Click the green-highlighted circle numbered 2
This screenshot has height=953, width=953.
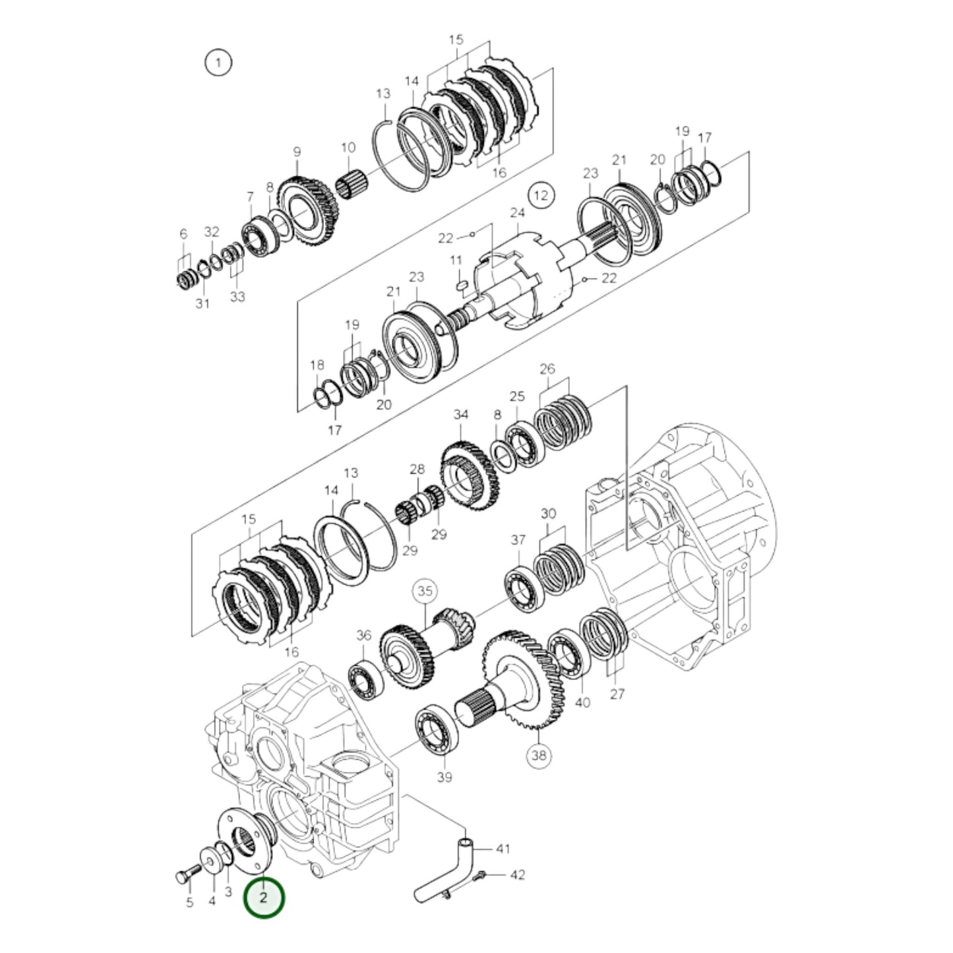point(264,898)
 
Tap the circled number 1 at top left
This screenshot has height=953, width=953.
point(218,63)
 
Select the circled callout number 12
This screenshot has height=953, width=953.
point(540,195)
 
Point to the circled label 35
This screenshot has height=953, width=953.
point(425,591)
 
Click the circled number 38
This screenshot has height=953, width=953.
point(539,756)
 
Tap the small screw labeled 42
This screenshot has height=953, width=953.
point(479,876)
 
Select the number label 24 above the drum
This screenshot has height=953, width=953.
point(517,212)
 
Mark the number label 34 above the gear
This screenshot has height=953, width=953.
point(460,415)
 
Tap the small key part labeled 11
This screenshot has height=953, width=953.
point(462,285)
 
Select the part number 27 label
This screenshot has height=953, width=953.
point(617,694)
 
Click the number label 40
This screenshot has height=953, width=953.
point(582,702)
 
